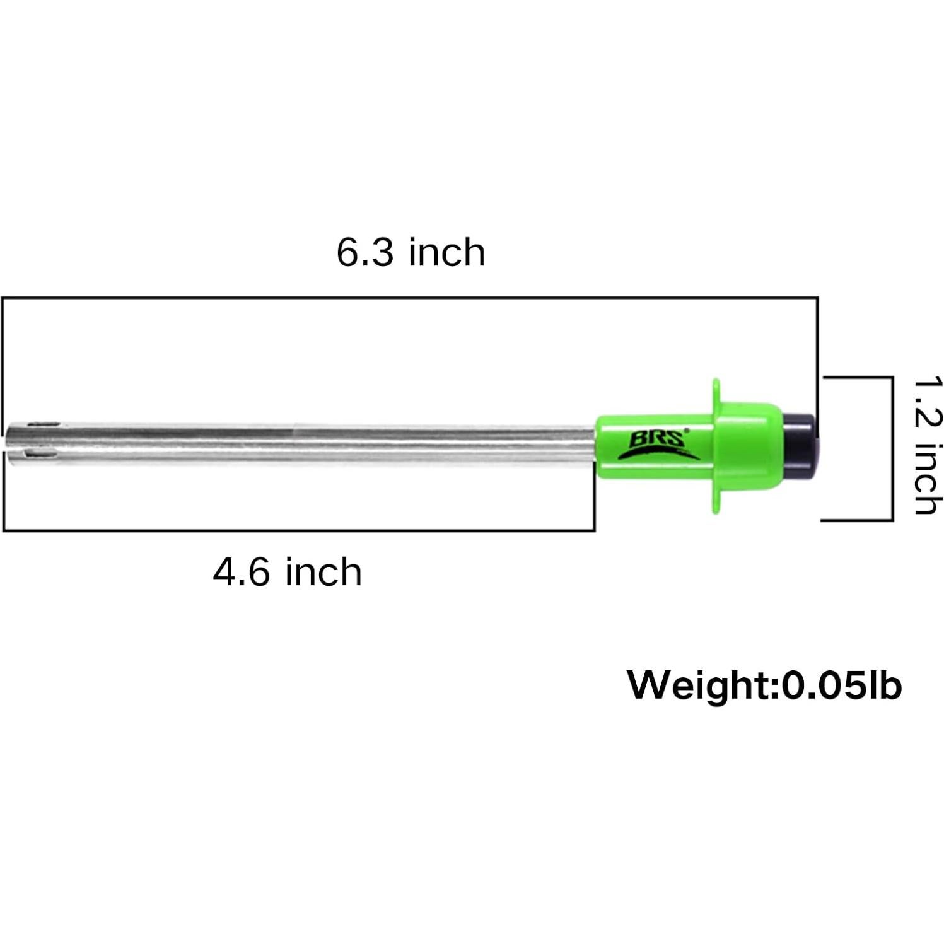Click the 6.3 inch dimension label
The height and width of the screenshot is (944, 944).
click(x=411, y=252)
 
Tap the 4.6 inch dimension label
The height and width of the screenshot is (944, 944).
click(x=287, y=573)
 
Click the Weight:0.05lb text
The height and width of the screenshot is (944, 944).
click(x=764, y=685)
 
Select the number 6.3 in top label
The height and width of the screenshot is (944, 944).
click(x=365, y=252)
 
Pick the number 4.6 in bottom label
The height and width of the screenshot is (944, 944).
click(x=242, y=573)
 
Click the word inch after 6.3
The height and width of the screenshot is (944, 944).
click(x=446, y=252)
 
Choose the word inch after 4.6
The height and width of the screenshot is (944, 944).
click(x=323, y=573)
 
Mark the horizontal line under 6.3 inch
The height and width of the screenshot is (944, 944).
click(x=410, y=298)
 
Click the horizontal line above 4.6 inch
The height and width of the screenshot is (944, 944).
click(x=296, y=530)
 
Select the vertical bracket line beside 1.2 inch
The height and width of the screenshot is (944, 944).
click(x=892, y=448)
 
